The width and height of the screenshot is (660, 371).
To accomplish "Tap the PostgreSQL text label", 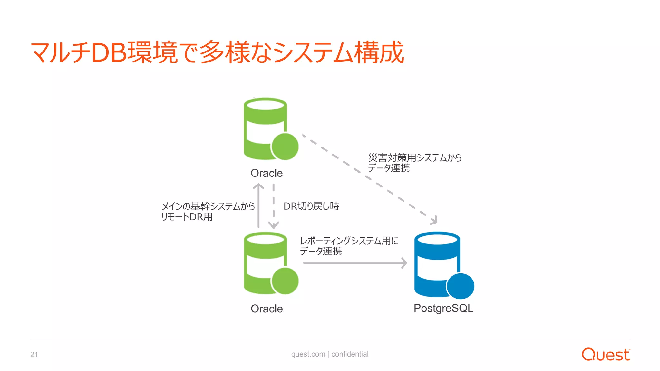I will tap(443, 308).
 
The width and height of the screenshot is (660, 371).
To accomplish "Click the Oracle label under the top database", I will tap(267, 173).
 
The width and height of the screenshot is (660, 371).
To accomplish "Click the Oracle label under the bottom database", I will tap(267, 309).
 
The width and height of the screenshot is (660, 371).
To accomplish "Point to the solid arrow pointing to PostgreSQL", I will tap(354, 263).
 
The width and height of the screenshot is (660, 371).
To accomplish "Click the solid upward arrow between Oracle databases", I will tap(258, 206).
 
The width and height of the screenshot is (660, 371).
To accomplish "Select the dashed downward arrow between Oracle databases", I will tap(274, 206).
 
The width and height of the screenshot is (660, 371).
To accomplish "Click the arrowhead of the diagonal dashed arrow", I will tap(434, 220).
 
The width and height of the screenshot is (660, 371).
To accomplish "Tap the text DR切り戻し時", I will tap(311, 206).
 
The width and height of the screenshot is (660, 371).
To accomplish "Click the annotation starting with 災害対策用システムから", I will tap(415, 163).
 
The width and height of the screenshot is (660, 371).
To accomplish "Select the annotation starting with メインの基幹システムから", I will tap(208, 211).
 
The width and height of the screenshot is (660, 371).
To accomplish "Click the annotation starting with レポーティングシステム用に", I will tap(349, 246).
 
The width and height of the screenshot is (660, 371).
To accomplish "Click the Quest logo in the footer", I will tap(606, 355).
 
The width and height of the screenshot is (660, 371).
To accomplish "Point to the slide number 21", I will tap(34, 355).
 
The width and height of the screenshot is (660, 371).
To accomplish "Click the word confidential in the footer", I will tap(350, 354).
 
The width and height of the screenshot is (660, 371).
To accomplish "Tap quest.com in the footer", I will tap(308, 354).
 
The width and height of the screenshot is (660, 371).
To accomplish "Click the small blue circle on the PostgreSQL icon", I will tap(460, 286).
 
